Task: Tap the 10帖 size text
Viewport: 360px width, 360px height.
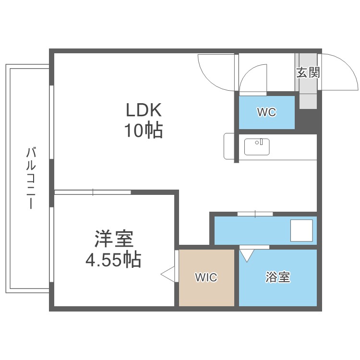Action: [144, 131]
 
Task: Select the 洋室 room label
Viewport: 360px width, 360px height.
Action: [113, 239]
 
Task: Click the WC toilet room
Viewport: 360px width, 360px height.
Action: [266, 112]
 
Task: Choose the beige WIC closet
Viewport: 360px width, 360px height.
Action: [206, 277]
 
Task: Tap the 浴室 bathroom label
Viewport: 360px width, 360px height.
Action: [278, 277]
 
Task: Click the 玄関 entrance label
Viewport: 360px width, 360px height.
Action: [308, 73]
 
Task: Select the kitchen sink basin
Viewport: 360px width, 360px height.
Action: [257, 146]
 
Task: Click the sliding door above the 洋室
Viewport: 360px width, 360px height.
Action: [93, 192]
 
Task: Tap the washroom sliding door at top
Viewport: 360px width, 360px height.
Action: [255, 213]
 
